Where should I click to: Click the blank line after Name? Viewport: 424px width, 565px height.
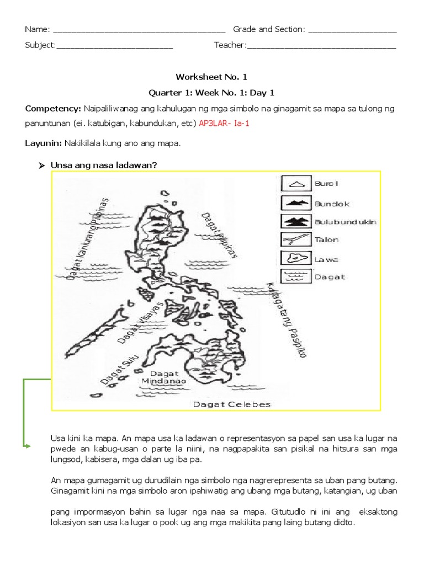pos(139,31)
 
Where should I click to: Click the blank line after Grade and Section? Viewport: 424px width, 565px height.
pos(352,31)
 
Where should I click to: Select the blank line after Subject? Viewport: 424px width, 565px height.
pos(114,48)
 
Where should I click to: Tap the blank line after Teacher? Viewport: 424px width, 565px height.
pos(321,48)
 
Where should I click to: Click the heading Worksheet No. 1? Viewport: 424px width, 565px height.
pos(208,77)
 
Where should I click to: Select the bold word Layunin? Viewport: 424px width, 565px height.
pos(43,143)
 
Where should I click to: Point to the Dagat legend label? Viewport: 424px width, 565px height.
pos(330,276)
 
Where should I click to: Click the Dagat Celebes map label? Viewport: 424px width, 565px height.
pos(231,404)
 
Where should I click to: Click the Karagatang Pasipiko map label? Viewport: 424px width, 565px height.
pos(286,321)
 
